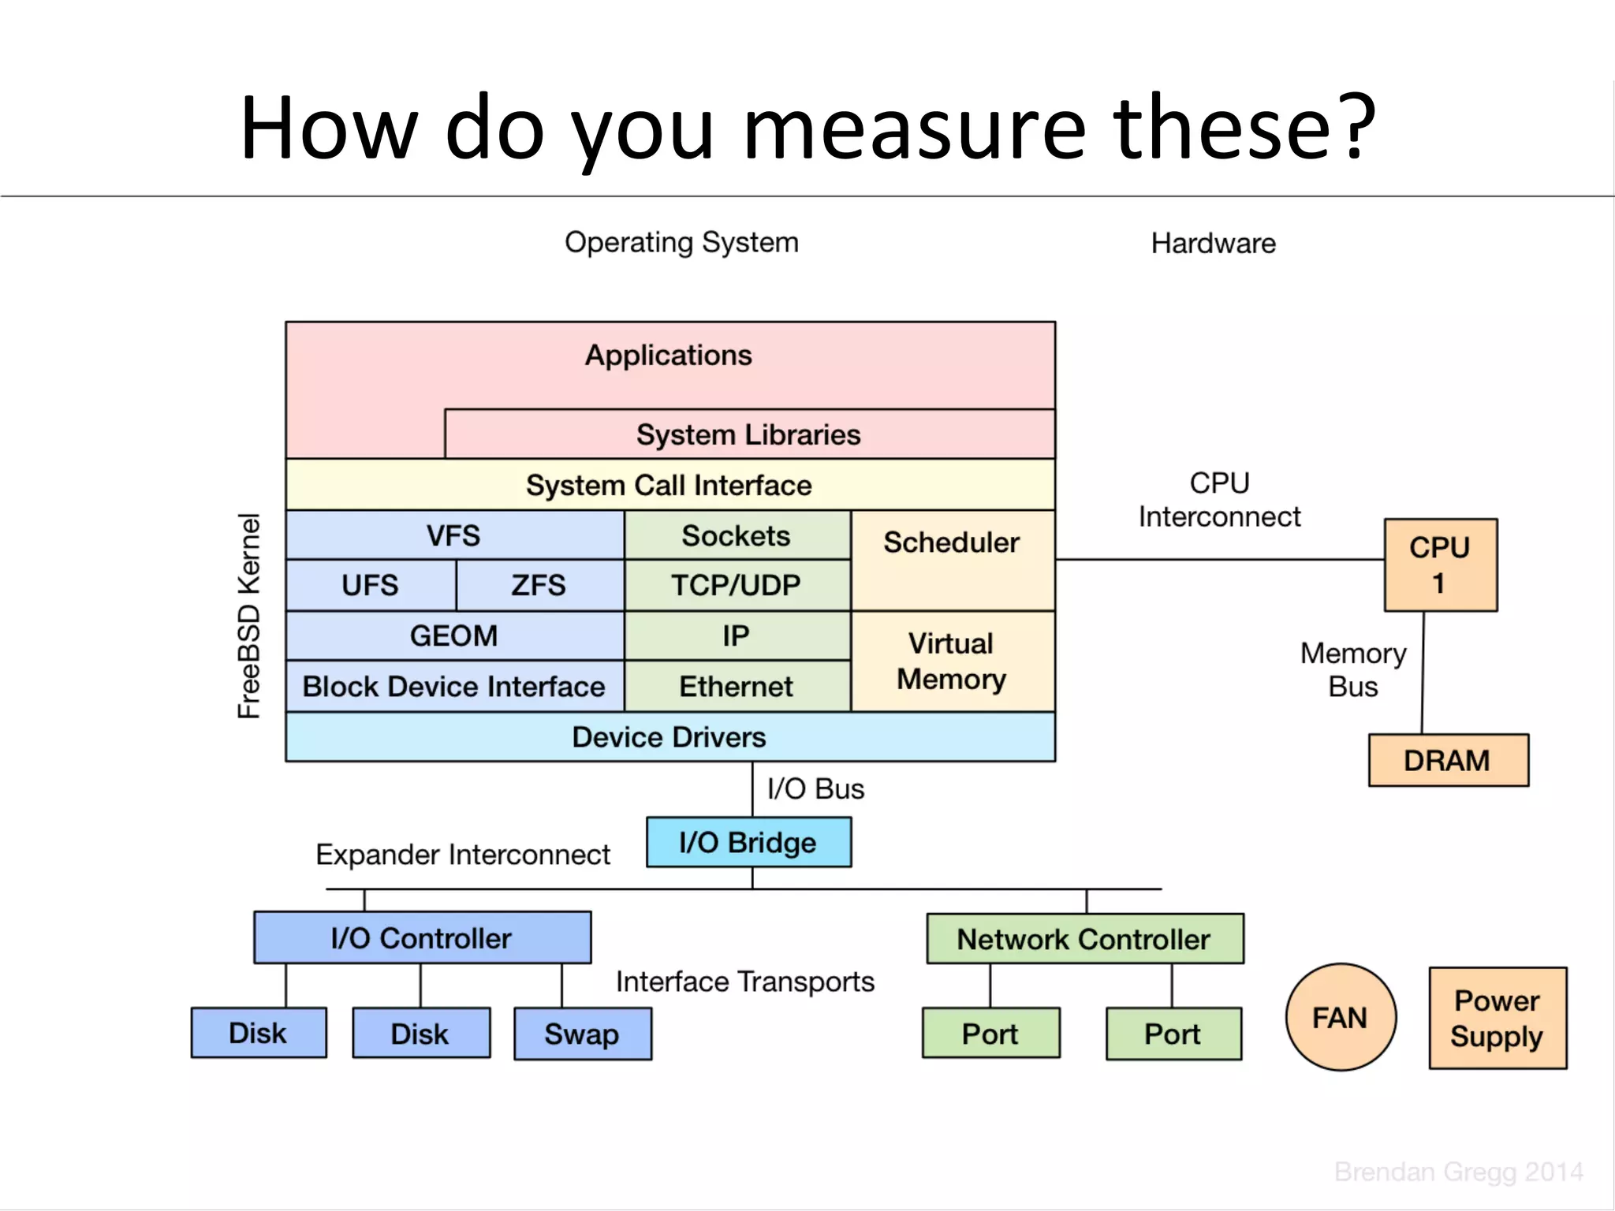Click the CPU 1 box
[1440, 565]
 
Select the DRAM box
[1448, 760]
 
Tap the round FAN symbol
[1340, 1017]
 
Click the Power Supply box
[1497, 1018]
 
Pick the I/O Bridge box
[748, 842]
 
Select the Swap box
[582, 1034]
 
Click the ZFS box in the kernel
[539, 585]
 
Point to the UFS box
[370, 585]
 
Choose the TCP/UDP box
[736, 585]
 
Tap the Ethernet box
[736, 686]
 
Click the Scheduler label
[951, 542]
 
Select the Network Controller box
[1084, 939]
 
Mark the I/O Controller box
[422, 937]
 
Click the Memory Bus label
[1353, 669]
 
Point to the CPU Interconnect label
[1219, 500]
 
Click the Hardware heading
[1213, 243]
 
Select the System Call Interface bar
[669, 485]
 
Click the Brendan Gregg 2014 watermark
[1457, 1172]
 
